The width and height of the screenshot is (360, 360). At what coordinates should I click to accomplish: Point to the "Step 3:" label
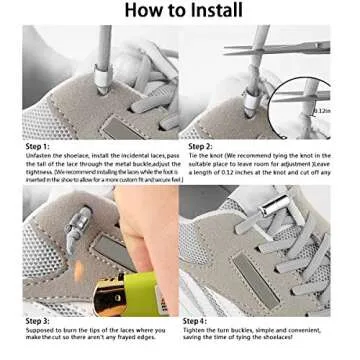[x=37, y=320]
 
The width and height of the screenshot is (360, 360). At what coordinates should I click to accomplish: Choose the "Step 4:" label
[x=195, y=320]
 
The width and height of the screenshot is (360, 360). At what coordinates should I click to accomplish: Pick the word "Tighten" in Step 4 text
[x=196, y=328]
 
